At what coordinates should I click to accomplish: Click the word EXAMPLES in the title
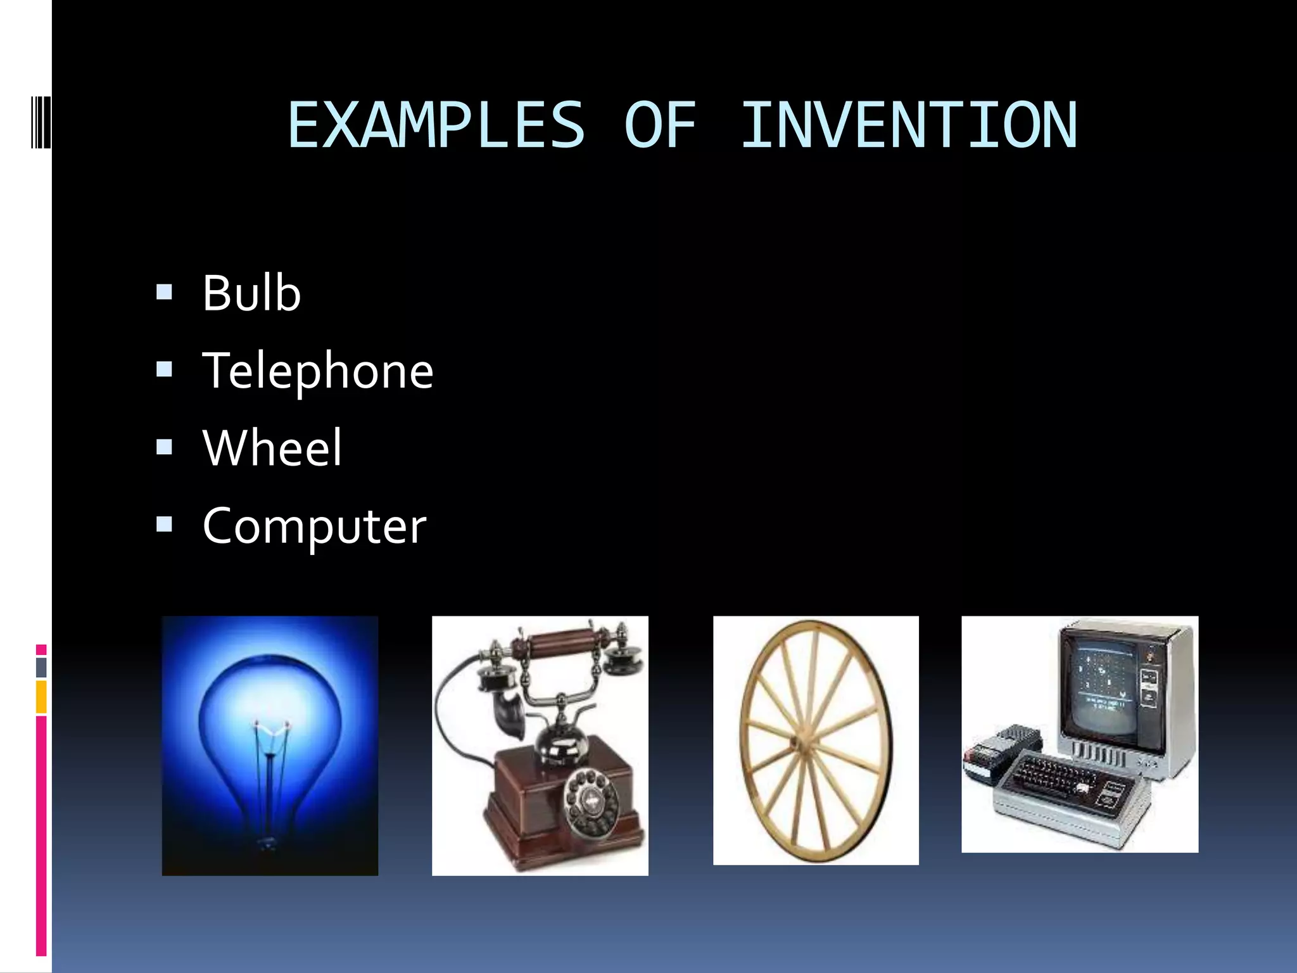coord(436,125)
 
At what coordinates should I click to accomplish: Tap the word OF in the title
coord(661,125)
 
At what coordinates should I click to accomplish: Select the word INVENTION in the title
coord(909,125)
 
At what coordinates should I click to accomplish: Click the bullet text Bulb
coord(251,293)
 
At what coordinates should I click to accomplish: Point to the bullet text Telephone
coord(318,371)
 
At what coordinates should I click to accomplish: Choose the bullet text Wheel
coord(272,448)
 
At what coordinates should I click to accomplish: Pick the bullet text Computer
coord(314,526)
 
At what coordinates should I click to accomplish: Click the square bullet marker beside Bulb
coord(164,292)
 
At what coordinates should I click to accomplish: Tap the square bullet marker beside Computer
coord(164,525)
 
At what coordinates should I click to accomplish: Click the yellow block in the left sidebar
coord(41,697)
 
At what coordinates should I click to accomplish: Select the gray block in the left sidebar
coord(41,667)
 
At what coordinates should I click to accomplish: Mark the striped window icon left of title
coord(41,120)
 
